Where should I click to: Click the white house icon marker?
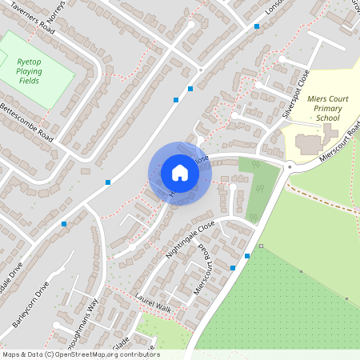click(179, 173)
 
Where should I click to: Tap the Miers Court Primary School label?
click(316, 106)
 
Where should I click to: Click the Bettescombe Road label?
click(27, 122)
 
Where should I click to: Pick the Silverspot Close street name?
click(295, 94)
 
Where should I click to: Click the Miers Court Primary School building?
click(310, 145)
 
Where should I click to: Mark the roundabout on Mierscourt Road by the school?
click(288, 166)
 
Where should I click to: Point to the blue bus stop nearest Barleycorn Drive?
click(64, 224)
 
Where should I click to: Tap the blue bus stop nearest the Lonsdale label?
click(257, 26)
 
